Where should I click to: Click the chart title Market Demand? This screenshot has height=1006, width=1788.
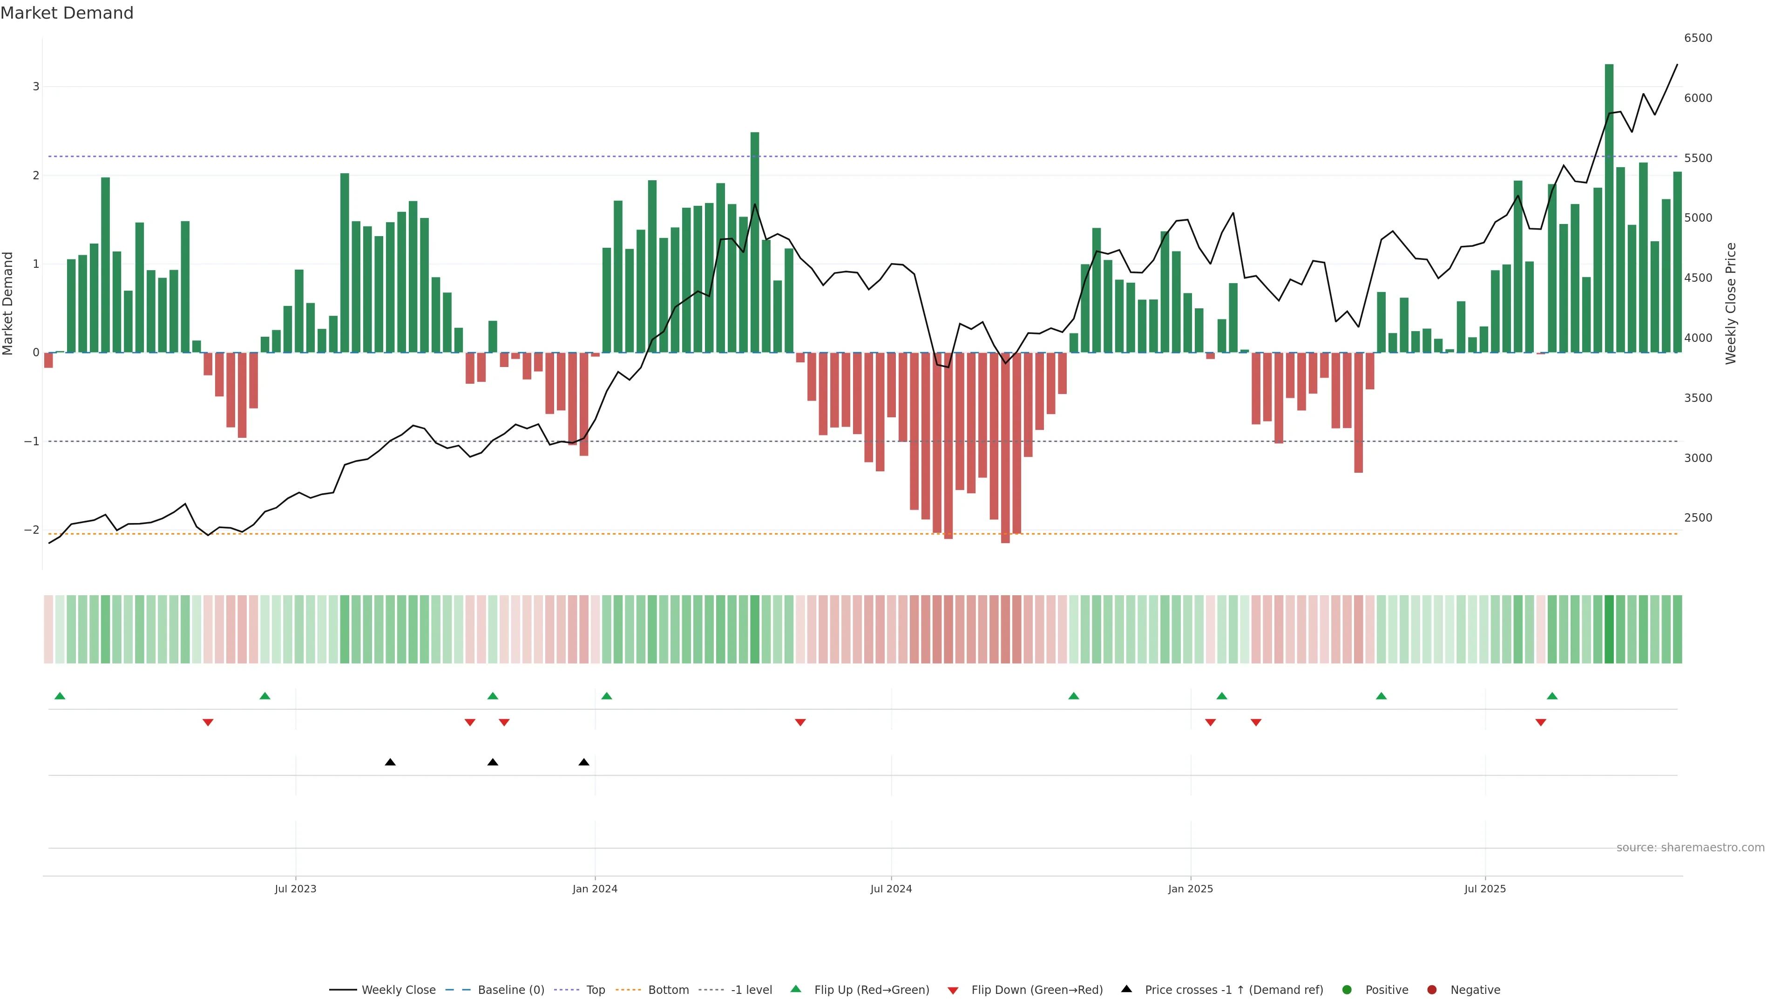click(67, 13)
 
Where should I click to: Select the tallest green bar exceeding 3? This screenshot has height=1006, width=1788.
click(1609, 208)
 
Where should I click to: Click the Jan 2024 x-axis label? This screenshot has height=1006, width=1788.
click(595, 889)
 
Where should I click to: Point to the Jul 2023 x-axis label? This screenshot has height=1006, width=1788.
click(295, 889)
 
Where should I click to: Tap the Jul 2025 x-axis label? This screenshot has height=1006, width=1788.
click(1485, 889)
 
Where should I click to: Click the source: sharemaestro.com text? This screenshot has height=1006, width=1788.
click(1690, 848)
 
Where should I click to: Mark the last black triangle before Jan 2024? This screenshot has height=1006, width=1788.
click(584, 762)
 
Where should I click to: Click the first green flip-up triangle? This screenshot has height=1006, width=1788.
click(60, 696)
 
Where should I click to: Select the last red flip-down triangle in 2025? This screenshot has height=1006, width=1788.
click(1541, 723)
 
